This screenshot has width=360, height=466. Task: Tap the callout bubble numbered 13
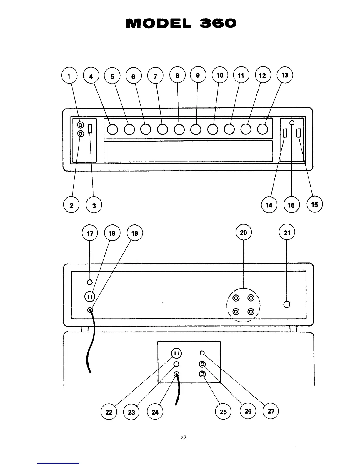click(285, 75)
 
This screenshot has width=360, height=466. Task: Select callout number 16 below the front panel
click(291, 205)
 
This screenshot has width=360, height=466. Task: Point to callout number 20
click(244, 233)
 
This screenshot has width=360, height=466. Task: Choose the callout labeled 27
click(271, 411)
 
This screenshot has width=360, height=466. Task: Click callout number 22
click(109, 412)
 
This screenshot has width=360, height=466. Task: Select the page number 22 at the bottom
click(183, 437)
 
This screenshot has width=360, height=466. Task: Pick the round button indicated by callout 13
click(263, 129)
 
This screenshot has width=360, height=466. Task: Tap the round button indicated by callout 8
click(179, 129)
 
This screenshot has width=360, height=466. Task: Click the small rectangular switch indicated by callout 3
click(90, 129)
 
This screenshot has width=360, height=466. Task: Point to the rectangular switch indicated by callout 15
click(299, 133)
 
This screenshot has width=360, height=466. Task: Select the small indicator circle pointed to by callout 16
click(291, 122)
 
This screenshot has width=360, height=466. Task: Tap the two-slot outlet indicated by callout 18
click(90, 297)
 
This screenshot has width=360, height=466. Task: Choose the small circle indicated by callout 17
click(90, 282)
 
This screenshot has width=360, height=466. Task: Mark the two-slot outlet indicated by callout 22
click(176, 353)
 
